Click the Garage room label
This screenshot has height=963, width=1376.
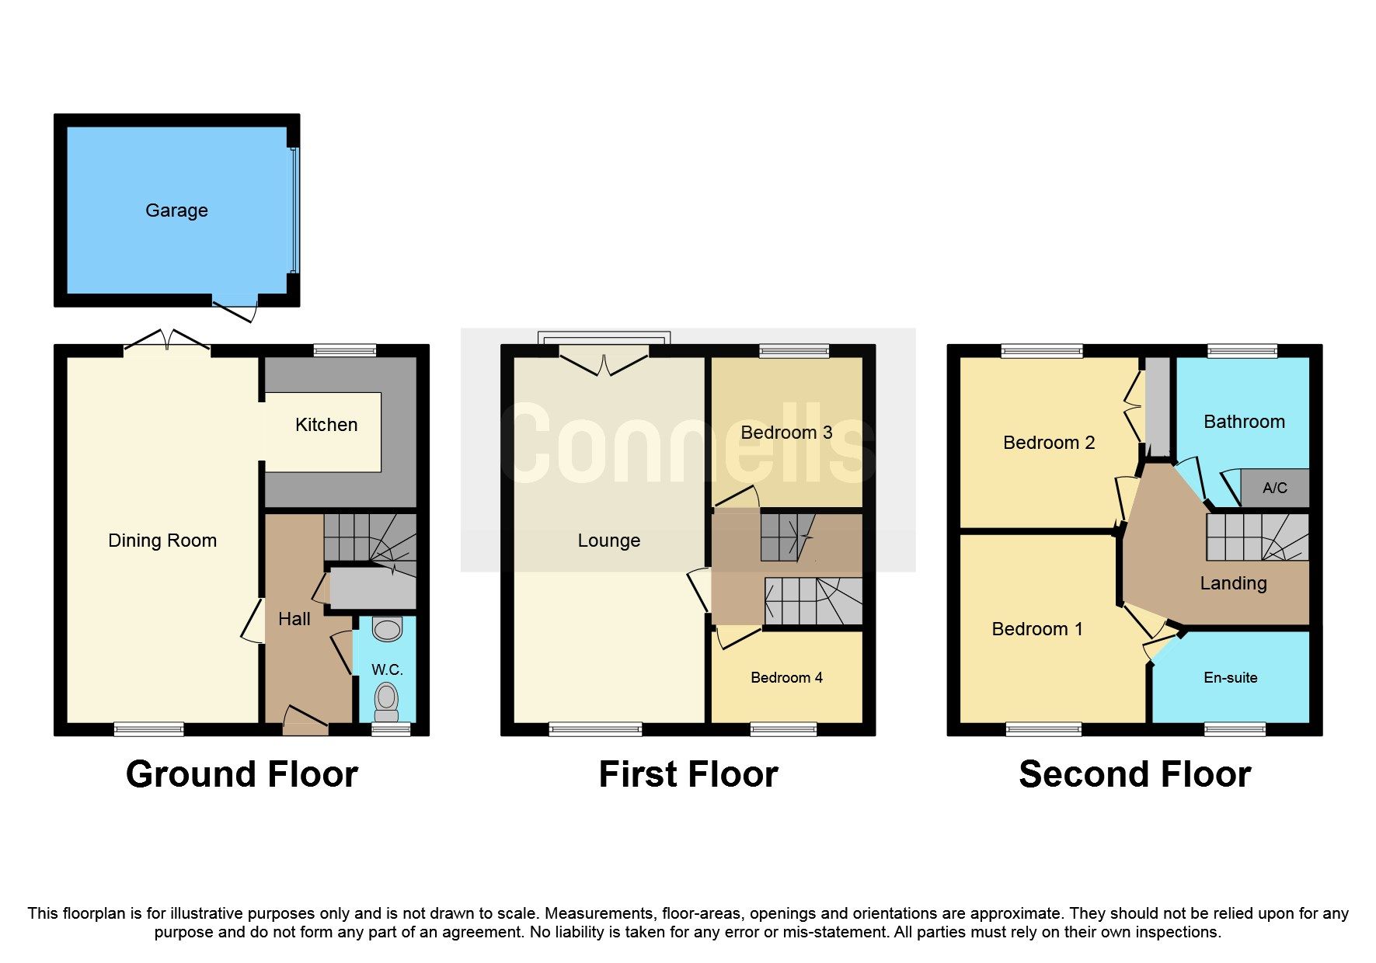tap(176, 210)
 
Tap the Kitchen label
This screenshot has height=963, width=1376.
tap(326, 425)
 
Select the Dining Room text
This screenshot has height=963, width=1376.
tap(162, 541)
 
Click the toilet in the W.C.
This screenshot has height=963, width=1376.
tap(386, 698)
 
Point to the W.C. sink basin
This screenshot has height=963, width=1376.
tap(387, 628)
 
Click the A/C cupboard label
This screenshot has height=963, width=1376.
tap(1274, 488)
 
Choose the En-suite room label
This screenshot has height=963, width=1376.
tap(1230, 678)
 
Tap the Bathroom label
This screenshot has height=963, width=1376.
tap(1243, 422)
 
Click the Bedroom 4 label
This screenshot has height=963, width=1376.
tap(786, 678)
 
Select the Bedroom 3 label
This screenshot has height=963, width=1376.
tap(786, 433)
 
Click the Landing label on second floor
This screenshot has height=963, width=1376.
tap(1233, 583)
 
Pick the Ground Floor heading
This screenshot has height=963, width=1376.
tap(242, 774)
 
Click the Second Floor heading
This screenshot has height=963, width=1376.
tap(1134, 774)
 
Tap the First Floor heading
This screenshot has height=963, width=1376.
tap(688, 774)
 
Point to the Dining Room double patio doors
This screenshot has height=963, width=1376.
tap(167, 341)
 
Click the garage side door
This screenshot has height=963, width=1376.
tap(235, 308)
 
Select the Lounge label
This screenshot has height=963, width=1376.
tap(608, 541)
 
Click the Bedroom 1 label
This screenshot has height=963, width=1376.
tap(1036, 629)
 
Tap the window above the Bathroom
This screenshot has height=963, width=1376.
tap(1242, 351)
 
